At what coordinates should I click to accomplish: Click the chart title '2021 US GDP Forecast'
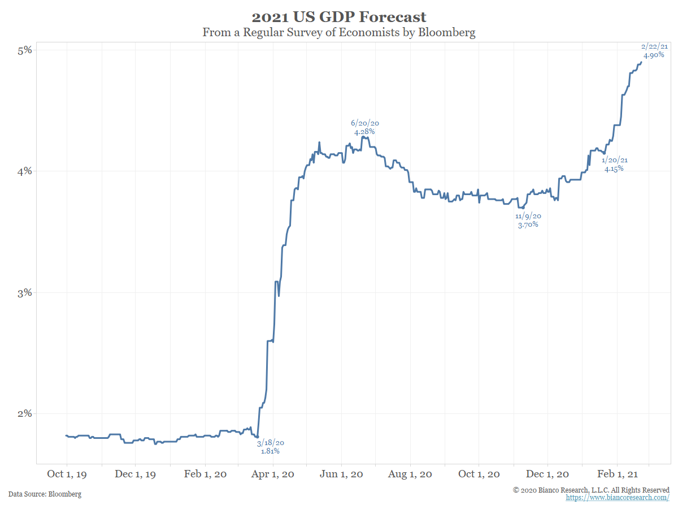(x=339, y=16)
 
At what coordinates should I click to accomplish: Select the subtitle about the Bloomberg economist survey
(x=339, y=32)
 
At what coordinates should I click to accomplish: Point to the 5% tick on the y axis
(x=24, y=50)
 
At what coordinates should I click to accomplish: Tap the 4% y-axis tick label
(x=24, y=171)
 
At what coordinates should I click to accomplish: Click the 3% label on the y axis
(x=24, y=292)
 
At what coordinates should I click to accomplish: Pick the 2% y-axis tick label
(x=24, y=413)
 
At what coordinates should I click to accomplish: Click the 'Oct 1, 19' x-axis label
(x=67, y=474)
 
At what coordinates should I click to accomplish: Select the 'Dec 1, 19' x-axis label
(x=136, y=474)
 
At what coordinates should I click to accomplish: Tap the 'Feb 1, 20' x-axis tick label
(x=206, y=474)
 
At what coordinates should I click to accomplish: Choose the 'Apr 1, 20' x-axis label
(x=273, y=474)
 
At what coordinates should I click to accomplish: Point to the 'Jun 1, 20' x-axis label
(x=342, y=474)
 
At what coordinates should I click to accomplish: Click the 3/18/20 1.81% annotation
(x=270, y=447)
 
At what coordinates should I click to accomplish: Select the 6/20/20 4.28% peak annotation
(x=364, y=127)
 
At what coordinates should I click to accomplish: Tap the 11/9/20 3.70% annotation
(x=528, y=221)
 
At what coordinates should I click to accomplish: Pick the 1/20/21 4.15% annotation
(x=614, y=165)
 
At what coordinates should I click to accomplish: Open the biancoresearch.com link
(x=618, y=498)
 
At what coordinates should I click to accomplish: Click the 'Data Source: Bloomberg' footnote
(x=45, y=494)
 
